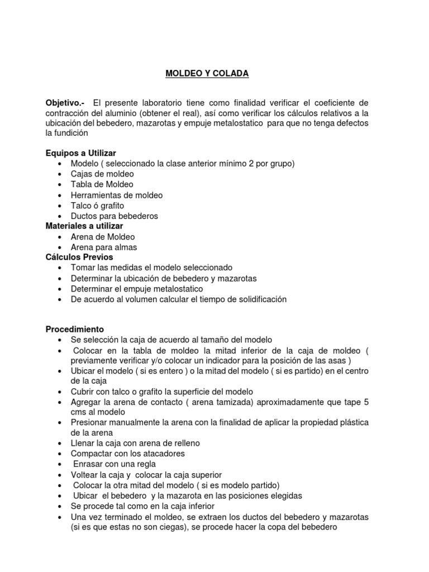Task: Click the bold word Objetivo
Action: (x=64, y=103)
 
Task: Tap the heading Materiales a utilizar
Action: (x=84, y=226)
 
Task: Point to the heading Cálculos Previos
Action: (x=79, y=257)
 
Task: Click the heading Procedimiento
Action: (x=74, y=330)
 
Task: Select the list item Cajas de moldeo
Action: (x=102, y=174)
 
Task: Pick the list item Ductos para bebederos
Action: (x=115, y=216)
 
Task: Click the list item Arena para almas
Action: (x=104, y=247)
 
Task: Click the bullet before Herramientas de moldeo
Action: (x=60, y=195)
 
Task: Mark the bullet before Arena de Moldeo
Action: (x=60, y=237)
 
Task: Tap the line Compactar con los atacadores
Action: (x=127, y=453)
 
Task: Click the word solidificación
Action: (x=256, y=299)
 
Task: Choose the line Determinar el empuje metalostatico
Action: (x=137, y=289)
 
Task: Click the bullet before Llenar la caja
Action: (x=60, y=443)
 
